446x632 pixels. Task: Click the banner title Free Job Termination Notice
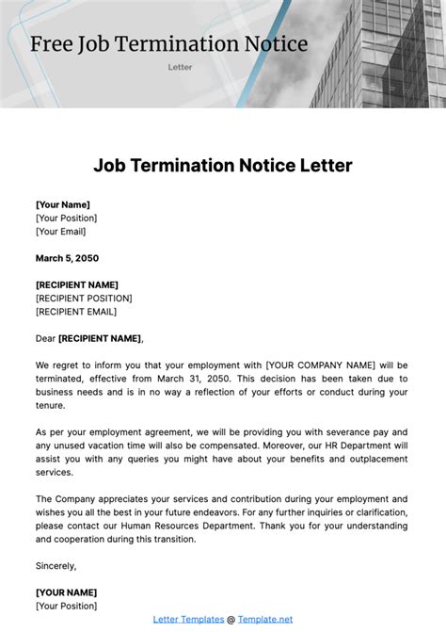coord(169,43)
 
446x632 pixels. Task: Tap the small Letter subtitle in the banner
coord(180,68)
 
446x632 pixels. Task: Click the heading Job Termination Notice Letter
coord(223,166)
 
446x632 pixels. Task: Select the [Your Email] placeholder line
coord(60,232)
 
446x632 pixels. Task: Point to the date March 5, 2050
coord(67,258)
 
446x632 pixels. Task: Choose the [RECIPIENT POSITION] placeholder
coord(84,299)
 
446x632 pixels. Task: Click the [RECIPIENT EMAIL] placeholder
coord(76,312)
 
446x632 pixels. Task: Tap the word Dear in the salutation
coord(45,338)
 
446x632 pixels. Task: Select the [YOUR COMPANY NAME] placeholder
coord(321,365)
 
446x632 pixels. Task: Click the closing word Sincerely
coord(56,565)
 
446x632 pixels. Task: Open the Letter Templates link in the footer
coord(188,619)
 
